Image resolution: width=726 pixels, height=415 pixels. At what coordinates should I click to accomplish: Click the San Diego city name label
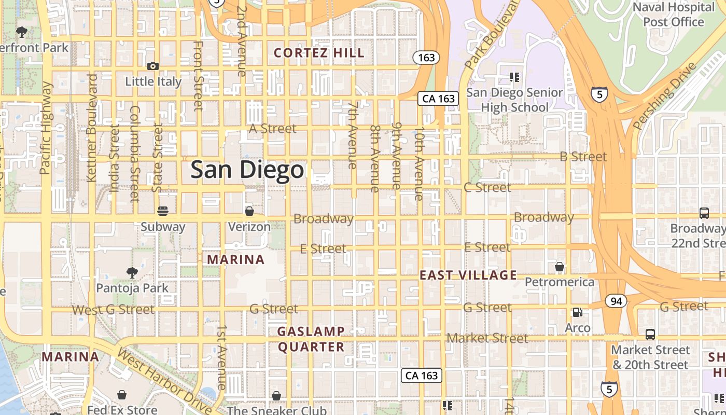point(247,170)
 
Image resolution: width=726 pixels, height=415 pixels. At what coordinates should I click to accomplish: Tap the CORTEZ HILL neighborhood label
point(319,53)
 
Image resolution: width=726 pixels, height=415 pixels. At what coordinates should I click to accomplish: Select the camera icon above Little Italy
point(152,66)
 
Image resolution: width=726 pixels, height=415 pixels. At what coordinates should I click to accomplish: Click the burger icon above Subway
point(163,211)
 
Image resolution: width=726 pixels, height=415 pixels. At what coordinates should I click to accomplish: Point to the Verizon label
point(249,227)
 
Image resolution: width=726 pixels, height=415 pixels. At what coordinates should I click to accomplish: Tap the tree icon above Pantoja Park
point(132,272)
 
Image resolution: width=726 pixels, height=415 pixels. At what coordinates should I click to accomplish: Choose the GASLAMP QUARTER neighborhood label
point(311,339)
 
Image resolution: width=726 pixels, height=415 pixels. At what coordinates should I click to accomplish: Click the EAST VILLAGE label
point(468,275)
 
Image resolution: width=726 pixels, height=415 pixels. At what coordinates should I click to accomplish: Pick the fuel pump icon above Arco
point(577,312)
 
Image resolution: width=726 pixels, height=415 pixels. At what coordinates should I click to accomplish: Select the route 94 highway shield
point(616,301)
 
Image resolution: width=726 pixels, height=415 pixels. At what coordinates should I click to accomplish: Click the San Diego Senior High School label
point(514,100)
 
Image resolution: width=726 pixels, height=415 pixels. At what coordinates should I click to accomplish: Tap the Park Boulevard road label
point(491,35)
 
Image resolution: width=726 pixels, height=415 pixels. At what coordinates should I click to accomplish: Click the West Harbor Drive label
point(165,381)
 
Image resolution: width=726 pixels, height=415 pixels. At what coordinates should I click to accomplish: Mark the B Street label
point(583,157)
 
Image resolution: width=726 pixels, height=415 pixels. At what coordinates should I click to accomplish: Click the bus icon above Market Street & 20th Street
point(650,335)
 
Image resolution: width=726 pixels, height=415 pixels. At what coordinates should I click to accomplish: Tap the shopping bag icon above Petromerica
point(559,267)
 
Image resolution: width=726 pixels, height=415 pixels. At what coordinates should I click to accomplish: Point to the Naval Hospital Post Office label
point(674,15)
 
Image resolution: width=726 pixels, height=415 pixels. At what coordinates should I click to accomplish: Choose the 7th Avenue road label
point(353,135)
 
